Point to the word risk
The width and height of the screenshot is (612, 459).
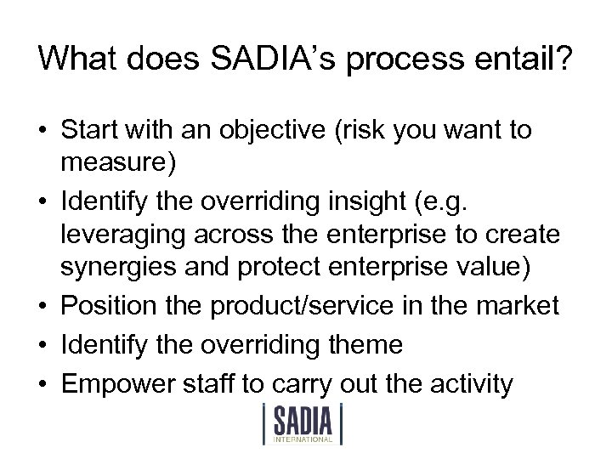point(381,131)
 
